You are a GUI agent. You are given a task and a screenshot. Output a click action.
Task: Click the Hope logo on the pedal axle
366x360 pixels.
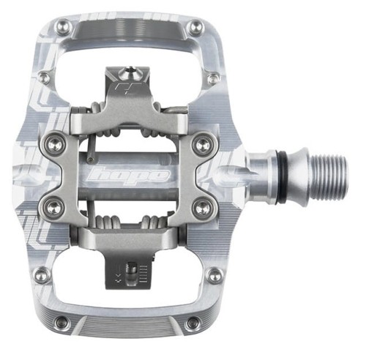click(x=130, y=174)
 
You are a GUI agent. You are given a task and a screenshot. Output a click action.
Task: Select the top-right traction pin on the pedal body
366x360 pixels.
click(x=195, y=26)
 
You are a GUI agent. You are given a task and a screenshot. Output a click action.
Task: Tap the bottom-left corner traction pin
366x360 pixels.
click(x=64, y=323)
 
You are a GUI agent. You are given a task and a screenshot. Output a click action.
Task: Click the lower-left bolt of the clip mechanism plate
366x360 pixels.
click(x=53, y=208)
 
